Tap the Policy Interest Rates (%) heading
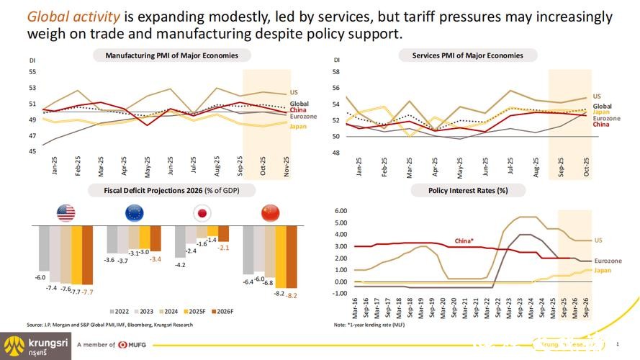[468, 191]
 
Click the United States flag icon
[67, 212]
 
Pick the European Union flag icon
[134, 212]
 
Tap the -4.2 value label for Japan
[180, 265]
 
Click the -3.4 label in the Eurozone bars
[156, 258]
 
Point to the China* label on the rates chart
[465, 240]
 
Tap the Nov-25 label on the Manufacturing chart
[287, 168]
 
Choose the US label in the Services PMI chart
[597, 96]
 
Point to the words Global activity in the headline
[71, 17]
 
